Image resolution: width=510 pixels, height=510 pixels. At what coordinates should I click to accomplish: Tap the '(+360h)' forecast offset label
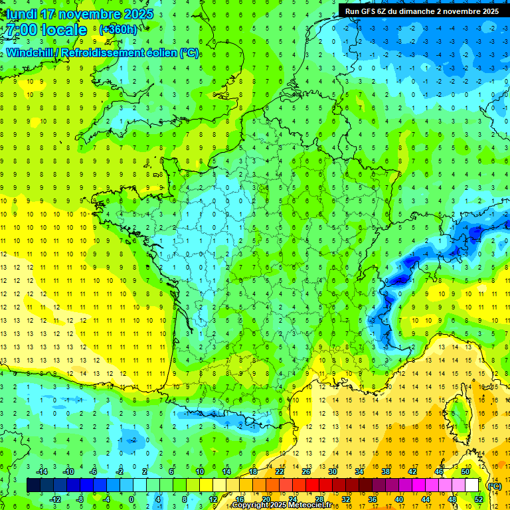coord(119,30)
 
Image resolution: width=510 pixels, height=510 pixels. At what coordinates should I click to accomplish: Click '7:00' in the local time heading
coord(21,30)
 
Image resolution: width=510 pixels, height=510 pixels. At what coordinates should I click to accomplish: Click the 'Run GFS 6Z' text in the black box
coord(365,11)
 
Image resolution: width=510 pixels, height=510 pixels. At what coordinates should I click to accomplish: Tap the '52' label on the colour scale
coord(479,499)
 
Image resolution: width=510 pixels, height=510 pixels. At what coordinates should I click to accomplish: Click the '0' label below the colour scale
coord(131,499)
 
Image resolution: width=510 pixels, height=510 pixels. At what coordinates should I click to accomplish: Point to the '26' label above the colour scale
coord(306,471)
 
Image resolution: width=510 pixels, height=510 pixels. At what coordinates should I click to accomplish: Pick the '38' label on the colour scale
coord(386,471)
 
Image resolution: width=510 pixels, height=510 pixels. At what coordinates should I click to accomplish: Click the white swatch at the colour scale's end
coord(471,485)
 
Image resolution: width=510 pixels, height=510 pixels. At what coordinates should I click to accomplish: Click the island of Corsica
coord(454,415)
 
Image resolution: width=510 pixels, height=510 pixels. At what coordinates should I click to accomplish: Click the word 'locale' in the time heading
coord(64,30)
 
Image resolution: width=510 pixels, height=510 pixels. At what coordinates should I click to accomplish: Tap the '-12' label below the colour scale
coord(54,499)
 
